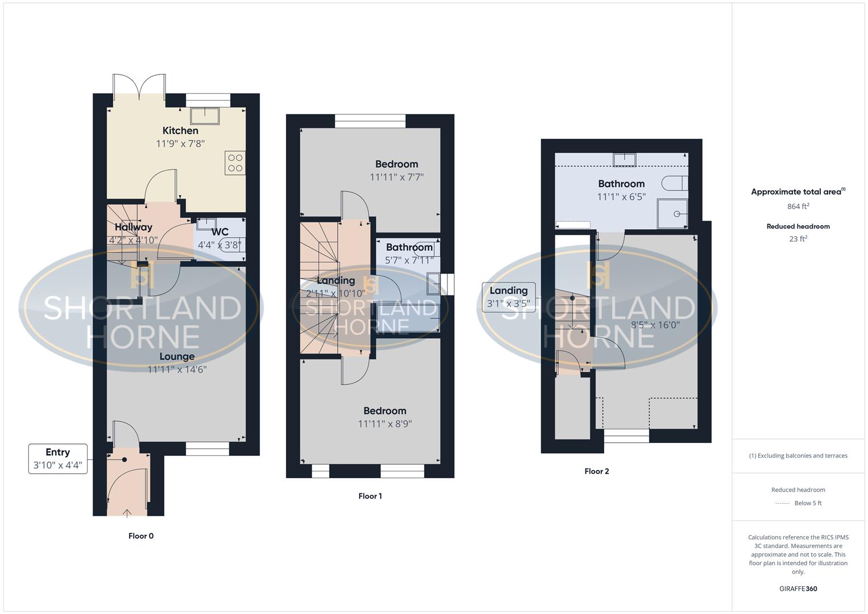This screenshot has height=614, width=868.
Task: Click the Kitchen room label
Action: pyautogui.click(x=180, y=131)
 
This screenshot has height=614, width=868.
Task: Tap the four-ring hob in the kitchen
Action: pyautogui.click(x=235, y=163)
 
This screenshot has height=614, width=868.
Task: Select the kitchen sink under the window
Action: pyautogui.click(x=205, y=115)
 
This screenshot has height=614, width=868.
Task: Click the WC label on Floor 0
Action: pyautogui.click(x=220, y=232)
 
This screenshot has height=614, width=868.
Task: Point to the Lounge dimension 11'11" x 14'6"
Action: pyautogui.click(x=177, y=370)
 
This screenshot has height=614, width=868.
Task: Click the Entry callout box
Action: pyautogui.click(x=58, y=459)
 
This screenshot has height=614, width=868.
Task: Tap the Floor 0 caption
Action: pyautogui.click(x=141, y=536)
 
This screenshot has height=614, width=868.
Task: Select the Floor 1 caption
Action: pyautogui.click(x=370, y=496)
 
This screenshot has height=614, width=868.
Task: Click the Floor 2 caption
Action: pyautogui.click(x=596, y=471)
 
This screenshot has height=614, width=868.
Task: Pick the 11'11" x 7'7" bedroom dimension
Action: pyautogui.click(x=396, y=177)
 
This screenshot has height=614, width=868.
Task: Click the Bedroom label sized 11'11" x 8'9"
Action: pyautogui.click(x=385, y=411)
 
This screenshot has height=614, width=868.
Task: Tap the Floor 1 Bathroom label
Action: pyautogui.click(x=409, y=247)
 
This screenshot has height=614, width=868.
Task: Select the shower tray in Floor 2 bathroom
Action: pyautogui.click(x=672, y=213)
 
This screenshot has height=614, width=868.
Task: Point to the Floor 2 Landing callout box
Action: pyautogui.click(x=508, y=297)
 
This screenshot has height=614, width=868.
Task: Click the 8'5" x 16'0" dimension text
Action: pyautogui.click(x=655, y=325)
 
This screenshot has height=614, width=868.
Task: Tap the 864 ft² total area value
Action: pyautogui.click(x=798, y=206)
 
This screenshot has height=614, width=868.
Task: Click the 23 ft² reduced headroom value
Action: pyautogui.click(x=798, y=239)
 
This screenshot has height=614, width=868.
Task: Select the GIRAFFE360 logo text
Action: pyautogui.click(x=798, y=589)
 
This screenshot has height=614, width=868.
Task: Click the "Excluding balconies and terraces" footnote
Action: pyautogui.click(x=798, y=455)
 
